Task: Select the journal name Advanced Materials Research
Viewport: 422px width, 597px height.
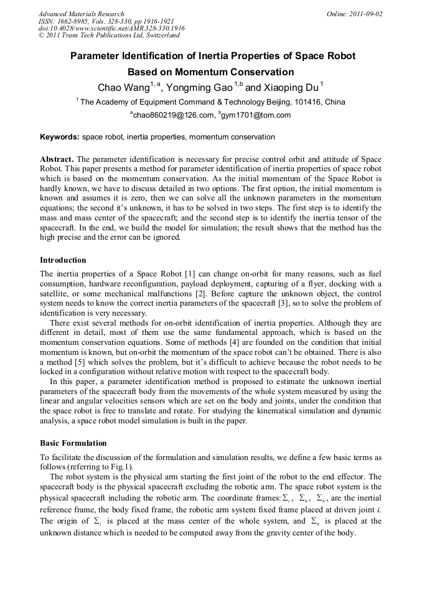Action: point(81,14)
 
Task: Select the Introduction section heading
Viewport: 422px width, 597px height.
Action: point(63,260)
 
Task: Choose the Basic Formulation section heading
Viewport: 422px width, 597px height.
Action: point(73,443)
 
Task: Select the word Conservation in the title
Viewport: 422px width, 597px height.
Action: point(255,72)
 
